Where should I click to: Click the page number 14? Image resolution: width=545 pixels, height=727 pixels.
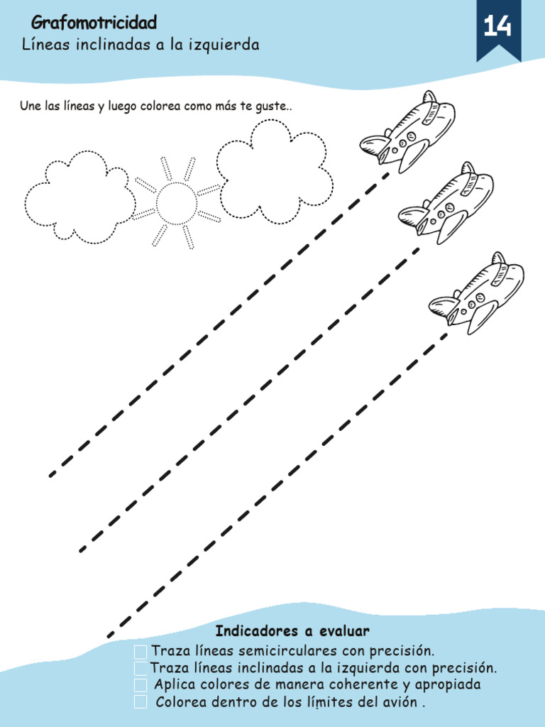497,28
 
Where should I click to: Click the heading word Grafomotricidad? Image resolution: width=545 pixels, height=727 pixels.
94,24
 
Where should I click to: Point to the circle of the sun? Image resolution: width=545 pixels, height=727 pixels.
176,202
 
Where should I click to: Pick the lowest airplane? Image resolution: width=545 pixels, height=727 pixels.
476,292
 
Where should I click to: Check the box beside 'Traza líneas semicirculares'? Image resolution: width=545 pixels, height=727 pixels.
141,652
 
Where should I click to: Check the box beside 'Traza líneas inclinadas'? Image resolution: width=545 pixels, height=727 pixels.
141,669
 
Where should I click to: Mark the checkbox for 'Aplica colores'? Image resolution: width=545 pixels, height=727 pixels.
141,685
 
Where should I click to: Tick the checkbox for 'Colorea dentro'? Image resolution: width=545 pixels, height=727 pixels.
141,702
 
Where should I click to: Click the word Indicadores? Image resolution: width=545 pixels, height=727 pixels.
256,631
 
